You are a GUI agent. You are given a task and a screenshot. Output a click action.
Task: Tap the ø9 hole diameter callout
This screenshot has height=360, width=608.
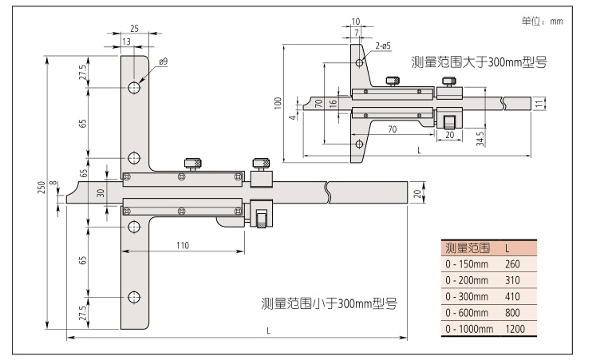point(163,61)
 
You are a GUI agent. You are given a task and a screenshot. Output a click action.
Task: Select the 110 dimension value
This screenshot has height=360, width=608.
point(183,246)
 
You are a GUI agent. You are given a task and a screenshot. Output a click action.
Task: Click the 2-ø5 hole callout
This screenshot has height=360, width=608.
point(381,46)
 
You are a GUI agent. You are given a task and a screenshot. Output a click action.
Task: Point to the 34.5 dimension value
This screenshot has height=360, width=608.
point(479,136)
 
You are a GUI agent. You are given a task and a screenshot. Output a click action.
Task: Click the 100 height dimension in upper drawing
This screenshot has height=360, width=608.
point(277,103)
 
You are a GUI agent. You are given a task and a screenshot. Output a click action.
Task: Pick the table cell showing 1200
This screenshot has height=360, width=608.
point(515,329)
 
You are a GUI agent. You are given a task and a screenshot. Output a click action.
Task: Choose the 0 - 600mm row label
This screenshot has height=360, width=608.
point(467,313)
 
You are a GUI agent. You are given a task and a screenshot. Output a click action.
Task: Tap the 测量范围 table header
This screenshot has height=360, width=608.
point(468,247)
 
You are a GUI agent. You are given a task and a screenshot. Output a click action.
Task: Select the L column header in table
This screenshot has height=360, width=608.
point(508,247)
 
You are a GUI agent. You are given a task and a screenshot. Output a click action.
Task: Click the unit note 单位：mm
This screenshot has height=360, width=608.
point(543,22)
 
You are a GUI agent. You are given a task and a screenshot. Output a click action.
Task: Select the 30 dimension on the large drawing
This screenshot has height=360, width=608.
point(101,192)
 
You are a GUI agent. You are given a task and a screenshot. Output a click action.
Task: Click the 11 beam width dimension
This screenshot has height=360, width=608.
point(539,103)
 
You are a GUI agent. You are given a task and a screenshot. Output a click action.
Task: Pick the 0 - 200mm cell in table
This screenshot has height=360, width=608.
point(467,280)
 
